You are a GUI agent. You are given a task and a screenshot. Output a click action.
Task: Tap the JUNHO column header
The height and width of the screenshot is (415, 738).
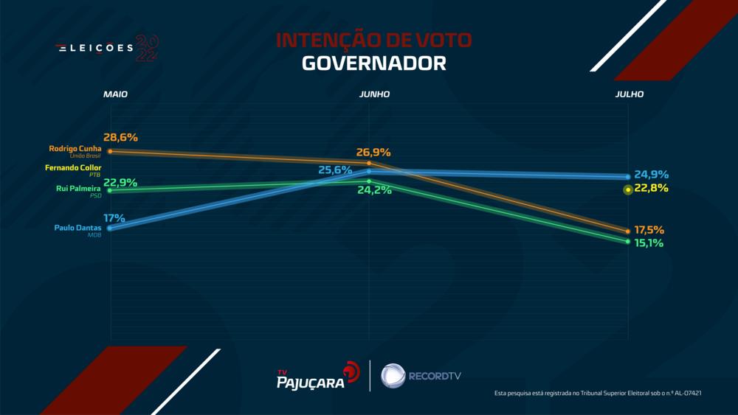pyautogui.click(x=374, y=95)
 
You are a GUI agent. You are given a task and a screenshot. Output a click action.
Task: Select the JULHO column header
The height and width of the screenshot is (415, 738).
pyautogui.click(x=630, y=95)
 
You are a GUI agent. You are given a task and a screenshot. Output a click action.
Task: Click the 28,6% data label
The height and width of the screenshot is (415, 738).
pyautogui.click(x=121, y=138)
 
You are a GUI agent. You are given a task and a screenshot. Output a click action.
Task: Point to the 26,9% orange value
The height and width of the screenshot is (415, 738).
pyautogui.click(x=373, y=153)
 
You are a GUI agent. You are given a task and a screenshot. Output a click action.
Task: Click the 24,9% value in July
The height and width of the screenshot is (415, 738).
pyautogui.click(x=652, y=175)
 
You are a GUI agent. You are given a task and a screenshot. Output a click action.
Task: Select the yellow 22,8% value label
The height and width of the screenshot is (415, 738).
pyautogui.click(x=652, y=189)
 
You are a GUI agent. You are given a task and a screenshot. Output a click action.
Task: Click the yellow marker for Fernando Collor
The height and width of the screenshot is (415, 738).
pyautogui.click(x=627, y=190)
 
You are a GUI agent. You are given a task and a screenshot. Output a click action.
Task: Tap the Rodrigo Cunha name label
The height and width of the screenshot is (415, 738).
pyautogui.click(x=75, y=148)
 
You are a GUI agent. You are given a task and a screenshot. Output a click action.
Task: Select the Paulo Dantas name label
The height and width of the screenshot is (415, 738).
pyautogui.click(x=77, y=228)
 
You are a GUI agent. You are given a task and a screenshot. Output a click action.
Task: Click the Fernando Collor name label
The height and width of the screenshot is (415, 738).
pyautogui.click(x=72, y=168)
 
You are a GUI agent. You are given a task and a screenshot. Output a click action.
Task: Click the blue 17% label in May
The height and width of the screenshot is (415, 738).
pyautogui.click(x=114, y=218)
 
